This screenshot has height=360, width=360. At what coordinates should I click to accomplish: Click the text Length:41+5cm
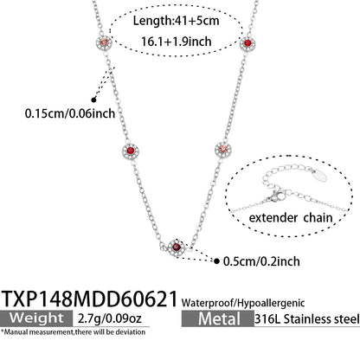(176, 21)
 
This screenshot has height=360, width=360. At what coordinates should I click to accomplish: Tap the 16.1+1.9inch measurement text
(177, 42)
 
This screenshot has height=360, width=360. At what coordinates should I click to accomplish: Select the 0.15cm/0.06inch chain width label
(70, 113)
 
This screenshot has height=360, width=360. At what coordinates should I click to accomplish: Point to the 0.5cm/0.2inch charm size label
(261, 261)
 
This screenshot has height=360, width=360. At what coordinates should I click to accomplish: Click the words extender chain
(291, 217)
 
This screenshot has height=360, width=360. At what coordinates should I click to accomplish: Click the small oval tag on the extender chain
(320, 175)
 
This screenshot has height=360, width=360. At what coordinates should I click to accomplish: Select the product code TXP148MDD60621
(90, 299)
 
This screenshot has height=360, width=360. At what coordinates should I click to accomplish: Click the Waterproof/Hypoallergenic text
(243, 303)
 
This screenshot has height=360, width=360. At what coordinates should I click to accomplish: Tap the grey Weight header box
(36, 318)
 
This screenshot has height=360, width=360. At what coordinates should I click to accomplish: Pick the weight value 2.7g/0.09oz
(110, 318)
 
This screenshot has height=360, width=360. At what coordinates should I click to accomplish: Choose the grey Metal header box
(218, 318)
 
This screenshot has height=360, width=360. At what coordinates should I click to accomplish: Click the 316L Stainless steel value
(307, 319)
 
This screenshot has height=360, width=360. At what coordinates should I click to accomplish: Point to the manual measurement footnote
(73, 332)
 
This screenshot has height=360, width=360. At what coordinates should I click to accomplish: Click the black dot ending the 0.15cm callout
(93, 100)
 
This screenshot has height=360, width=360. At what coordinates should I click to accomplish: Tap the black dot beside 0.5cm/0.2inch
(216, 261)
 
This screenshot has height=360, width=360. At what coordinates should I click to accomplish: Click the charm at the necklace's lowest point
(177, 247)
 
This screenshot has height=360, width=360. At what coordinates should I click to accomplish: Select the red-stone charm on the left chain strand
(131, 151)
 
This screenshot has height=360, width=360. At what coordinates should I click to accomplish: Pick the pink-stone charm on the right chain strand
(223, 149)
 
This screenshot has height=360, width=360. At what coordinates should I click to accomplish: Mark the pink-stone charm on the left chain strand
(104, 42)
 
